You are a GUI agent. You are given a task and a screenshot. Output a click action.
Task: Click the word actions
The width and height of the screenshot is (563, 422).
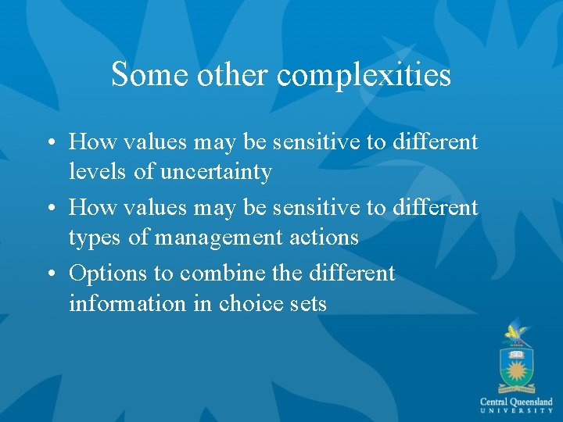(325, 238)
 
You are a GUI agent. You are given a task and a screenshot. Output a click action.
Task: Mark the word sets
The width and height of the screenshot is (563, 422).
(307, 303)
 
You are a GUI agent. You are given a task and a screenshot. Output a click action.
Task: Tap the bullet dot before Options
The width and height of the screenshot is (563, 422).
(52, 274)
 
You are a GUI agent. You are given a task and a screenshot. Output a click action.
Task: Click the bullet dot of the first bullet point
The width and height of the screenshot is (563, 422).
(52, 143)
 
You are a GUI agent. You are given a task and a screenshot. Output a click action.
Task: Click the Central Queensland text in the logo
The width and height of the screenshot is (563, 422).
(516, 401)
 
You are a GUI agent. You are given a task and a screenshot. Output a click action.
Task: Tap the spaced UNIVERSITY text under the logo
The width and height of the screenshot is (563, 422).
(516, 411)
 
